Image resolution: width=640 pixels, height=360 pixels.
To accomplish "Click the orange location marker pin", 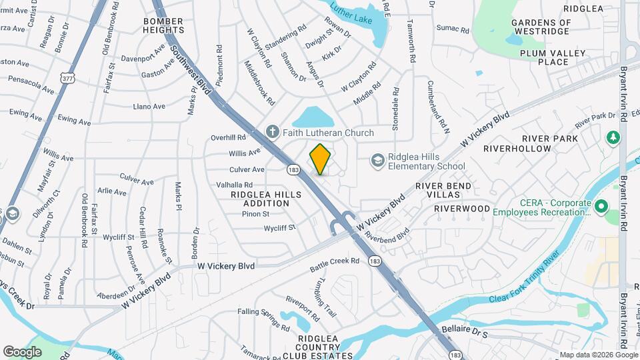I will pyautogui.click(x=321, y=159).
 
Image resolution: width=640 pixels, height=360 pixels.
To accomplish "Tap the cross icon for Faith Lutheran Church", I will pyautogui.click(x=272, y=132).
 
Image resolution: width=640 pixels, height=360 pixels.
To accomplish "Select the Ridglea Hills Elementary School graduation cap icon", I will pyautogui.click(x=378, y=160).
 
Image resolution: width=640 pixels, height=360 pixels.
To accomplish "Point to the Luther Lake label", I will pyautogui.click(x=351, y=20).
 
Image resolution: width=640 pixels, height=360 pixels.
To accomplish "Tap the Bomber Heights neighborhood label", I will pyautogui.click(x=163, y=25).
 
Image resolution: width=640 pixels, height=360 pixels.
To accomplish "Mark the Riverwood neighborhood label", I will pyautogui.click(x=462, y=209).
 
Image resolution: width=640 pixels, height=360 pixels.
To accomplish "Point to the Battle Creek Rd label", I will pyautogui.click(x=335, y=264).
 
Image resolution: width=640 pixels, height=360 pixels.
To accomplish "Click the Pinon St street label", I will pyautogui.click(x=256, y=214).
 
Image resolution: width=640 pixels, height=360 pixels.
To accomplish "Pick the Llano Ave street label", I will pyautogui.click(x=149, y=106).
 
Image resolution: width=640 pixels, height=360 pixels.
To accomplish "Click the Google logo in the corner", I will pyautogui.click(x=23, y=351).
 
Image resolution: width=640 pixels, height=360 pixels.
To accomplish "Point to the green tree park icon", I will pyautogui.click(x=612, y=137).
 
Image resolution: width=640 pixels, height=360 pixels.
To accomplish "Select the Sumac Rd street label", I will pyautogui.click(x=453, y=27).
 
